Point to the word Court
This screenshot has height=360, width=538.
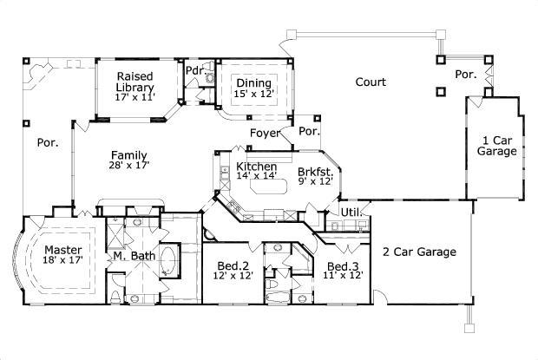click(x=371, y=82)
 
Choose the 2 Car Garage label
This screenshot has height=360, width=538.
click(x=420, y=252)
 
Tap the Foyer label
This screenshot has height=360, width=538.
click(x=264, y=133)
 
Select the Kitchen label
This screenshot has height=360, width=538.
click(x=256, y=167)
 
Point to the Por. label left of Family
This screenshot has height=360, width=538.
click(x=47, y=143)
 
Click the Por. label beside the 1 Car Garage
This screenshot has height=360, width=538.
click(x=465, y=75)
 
